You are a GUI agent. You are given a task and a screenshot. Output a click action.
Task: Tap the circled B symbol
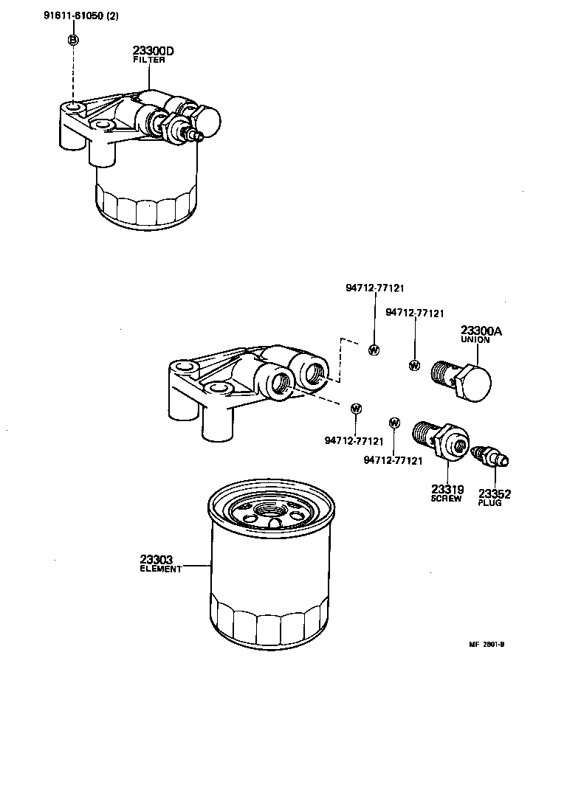tap(73, 40)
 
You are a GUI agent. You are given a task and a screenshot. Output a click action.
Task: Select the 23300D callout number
tap(153, 50)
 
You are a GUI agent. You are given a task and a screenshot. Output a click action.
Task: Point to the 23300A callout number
tap(481, 331)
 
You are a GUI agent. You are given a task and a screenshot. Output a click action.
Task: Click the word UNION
tap(475, 341)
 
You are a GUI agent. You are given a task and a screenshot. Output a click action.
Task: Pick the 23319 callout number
tap(447, 489)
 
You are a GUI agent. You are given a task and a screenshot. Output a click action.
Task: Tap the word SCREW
tap(446, 499)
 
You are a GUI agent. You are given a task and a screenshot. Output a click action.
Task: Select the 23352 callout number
tap(495, 493)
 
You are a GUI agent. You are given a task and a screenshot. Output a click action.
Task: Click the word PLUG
tap(489, 503)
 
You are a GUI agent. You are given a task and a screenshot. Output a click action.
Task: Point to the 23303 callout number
tap(157, 560)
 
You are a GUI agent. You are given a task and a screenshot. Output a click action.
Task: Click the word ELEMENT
tap(160, 569)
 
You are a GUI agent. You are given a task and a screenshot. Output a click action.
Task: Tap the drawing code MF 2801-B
tap(487, 644)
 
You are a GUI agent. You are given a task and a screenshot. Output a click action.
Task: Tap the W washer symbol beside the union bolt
tap(414, 365)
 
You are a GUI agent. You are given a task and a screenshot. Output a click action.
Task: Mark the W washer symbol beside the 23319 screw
tap(394, 423)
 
